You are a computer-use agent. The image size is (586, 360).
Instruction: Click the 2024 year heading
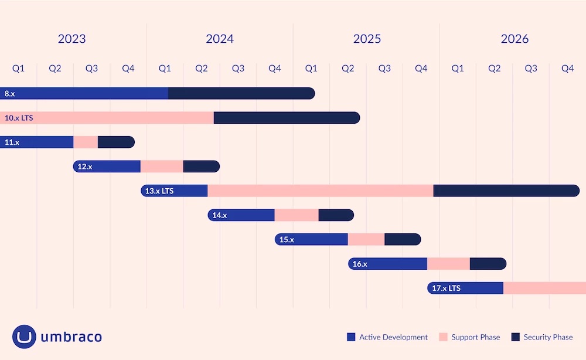coord(220,39)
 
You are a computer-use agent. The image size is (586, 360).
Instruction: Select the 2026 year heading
coord(515,39)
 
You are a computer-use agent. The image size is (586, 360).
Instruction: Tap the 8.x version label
coord(9,93)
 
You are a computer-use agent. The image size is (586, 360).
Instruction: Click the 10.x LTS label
coord(19,118)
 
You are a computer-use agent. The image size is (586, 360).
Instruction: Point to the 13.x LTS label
coord(159,191)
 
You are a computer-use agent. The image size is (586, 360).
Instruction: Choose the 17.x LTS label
coord(446,288)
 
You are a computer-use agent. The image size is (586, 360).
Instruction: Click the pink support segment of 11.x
coord(86,142)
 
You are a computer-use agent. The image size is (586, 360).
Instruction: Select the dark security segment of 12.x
coord(201,167)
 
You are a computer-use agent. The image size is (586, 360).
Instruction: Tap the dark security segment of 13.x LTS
coord(506,191)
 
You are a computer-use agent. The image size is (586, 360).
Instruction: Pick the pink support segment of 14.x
coord(297,215)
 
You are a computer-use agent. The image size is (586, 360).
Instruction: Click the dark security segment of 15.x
coord(402,239)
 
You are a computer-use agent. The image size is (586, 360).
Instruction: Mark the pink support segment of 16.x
coord(448,264)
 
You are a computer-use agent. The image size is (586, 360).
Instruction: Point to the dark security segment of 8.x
coord(241,93)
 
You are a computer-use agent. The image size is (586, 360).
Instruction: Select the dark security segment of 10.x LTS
coord(286,118)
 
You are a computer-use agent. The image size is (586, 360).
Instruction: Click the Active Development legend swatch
coord(351,337)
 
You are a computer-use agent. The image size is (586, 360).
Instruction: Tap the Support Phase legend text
coord(475,337)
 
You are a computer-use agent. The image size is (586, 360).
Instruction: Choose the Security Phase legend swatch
coord(516,337)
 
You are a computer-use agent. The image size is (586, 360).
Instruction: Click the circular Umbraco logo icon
coord(24,337)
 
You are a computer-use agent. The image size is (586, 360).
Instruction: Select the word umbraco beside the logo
coord(71,337)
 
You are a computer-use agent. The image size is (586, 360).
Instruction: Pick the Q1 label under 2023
coord(19,69)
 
